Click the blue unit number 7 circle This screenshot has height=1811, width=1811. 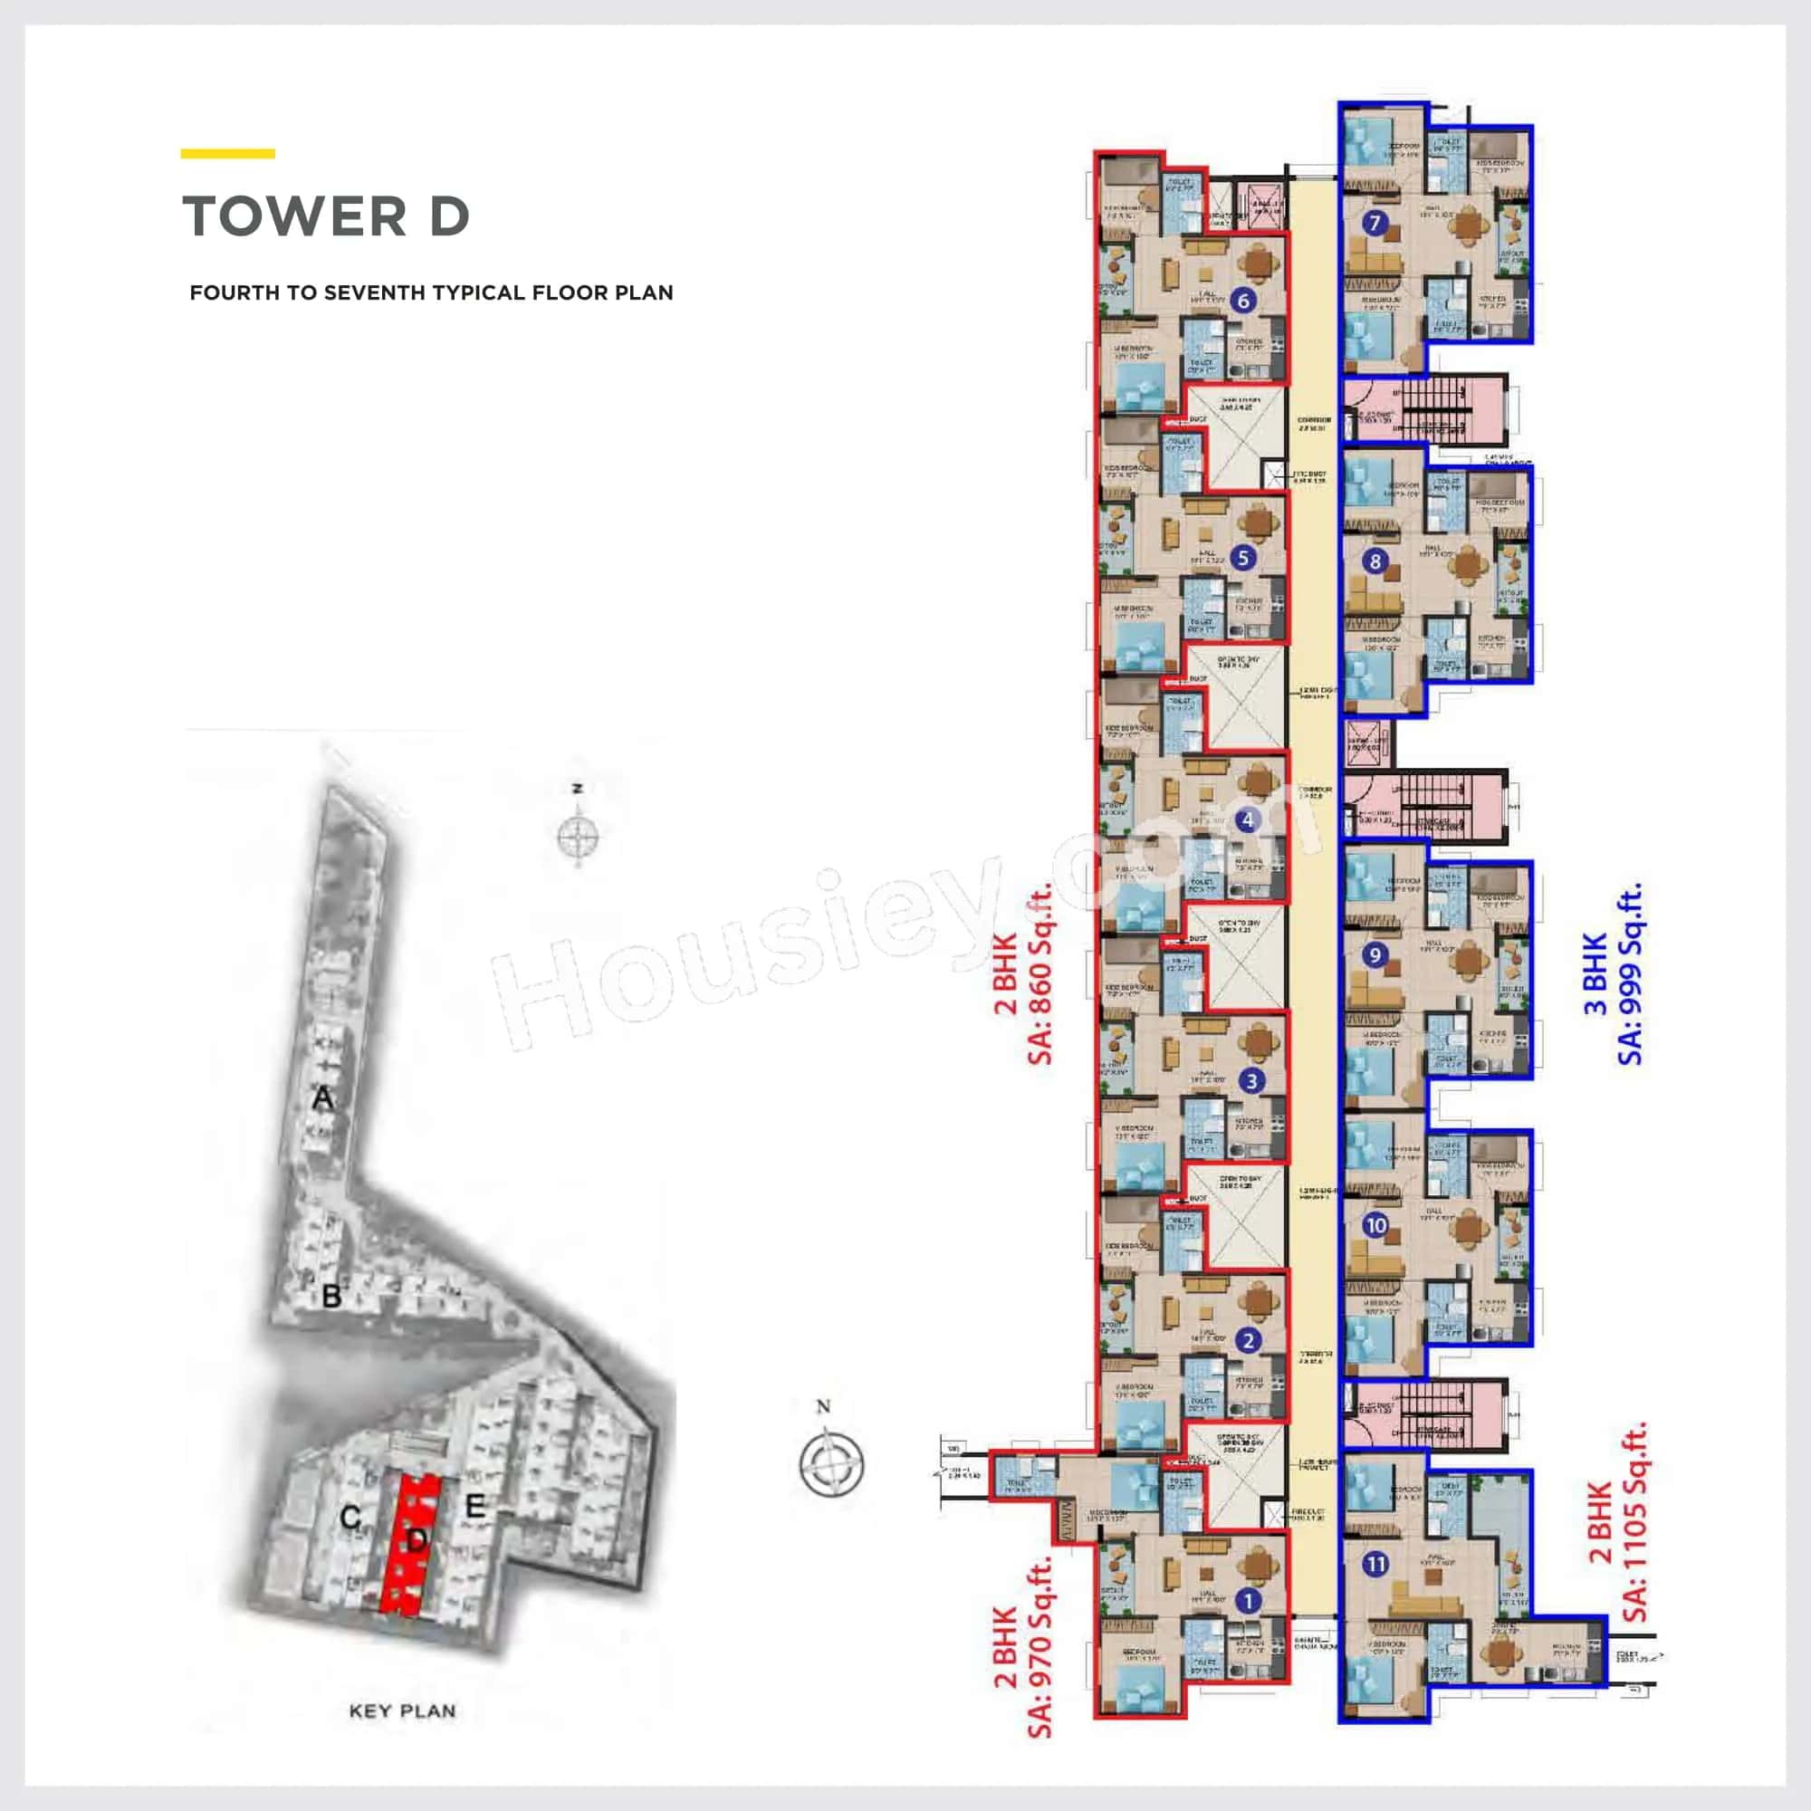coord(1375,223)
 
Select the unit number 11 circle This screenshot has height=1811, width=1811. coord(1376,1564)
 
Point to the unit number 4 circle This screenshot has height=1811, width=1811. coord(1247,820)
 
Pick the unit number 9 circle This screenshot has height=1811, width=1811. coord(1375,955)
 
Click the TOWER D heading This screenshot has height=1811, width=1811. coord(325,216)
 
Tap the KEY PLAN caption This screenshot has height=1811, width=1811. coord(402,1710)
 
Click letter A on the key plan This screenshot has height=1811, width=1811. coord(322,1097)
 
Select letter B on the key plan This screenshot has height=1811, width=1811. coord(331,1298)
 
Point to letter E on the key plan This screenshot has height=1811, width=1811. coord(475,1507)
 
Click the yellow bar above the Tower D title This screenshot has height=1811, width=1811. coord(228,154)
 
